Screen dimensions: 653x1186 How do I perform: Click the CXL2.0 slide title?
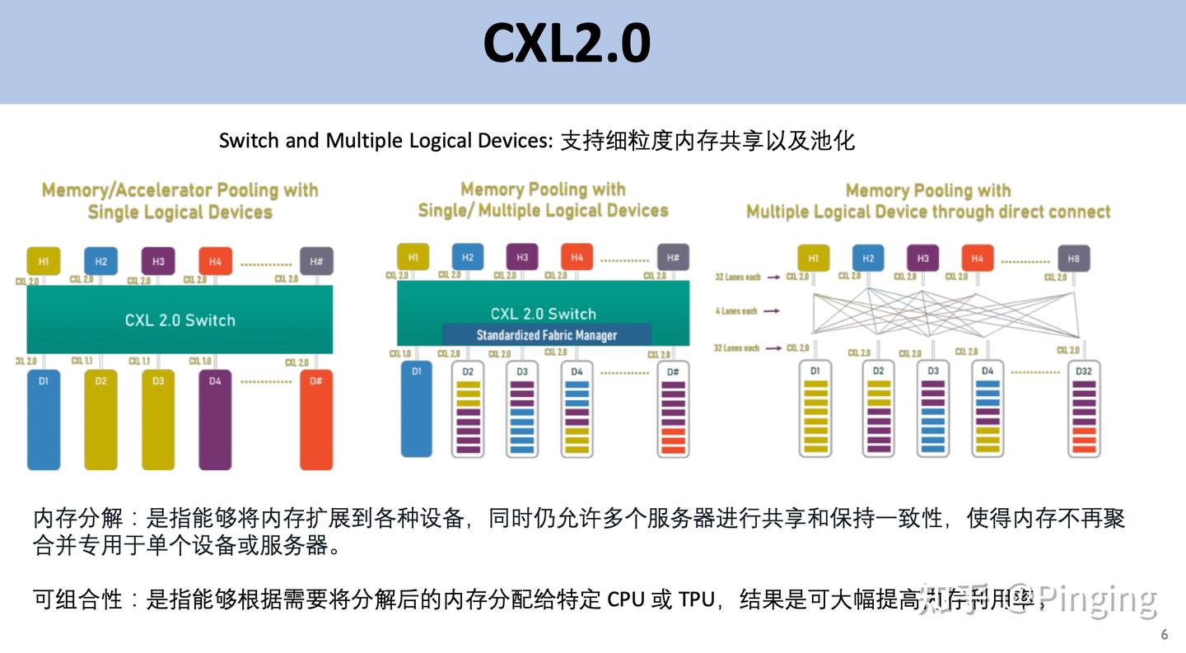pos(567,44)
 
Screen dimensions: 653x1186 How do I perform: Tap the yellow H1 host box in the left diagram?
pos(44,261)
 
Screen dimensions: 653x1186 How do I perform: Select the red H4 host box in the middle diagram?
pos(577,257)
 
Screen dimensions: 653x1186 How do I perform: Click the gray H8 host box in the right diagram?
pos(1073,259)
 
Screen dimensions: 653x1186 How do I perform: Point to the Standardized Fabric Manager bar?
pos(547,334)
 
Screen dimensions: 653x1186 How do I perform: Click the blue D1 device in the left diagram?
pos(44,420)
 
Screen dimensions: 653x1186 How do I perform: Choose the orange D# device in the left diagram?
pos(315,420)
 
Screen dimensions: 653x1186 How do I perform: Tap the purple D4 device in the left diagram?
pos(215,420)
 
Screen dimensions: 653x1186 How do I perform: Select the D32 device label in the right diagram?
pos(1083,371)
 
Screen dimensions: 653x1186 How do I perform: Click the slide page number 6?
pos(1164,635)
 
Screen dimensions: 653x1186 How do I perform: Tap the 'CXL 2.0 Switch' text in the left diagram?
pos(180,320)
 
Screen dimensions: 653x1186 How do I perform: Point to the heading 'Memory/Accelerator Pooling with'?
pos(180,190)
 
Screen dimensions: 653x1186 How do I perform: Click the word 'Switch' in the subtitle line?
pos(250,141)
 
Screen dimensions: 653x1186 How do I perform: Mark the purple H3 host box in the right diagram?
pos(922,259)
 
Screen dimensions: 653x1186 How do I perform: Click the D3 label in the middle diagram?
pos(522,371)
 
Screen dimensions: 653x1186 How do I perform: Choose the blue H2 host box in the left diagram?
pos(100,261)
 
